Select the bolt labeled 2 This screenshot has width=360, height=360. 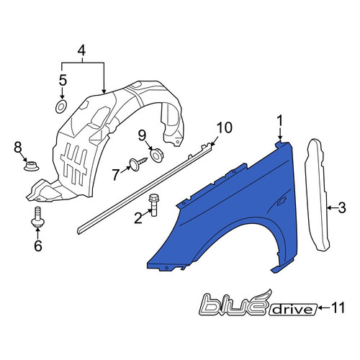click(x=153, y=204)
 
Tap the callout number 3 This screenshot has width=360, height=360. click(x=341, y=208)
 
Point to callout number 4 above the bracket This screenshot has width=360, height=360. click(x=81, y=50)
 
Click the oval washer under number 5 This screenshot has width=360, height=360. click(x=61, y=107)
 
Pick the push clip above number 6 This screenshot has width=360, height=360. click(x=38, y=217)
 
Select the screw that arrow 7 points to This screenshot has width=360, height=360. click(x=138, y=163)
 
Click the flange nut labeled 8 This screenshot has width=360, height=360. click(x=31, y=166)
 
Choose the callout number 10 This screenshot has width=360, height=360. click(x=225, y=127)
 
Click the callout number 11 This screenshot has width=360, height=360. click(x=338, y=307)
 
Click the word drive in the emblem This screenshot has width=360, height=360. click(x=293, y=309)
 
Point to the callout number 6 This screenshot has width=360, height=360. click(x=38, y=246)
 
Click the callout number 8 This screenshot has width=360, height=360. click(x=18, y=148)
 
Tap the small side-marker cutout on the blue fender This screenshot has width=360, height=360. click(x=282, y=201)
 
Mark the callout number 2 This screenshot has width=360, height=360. click(x=138, y=218)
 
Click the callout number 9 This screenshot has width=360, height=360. click(x=142, y=136)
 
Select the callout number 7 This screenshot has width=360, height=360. click(x=116, y=174)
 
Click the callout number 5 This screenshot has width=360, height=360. click(x=63, y=81)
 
